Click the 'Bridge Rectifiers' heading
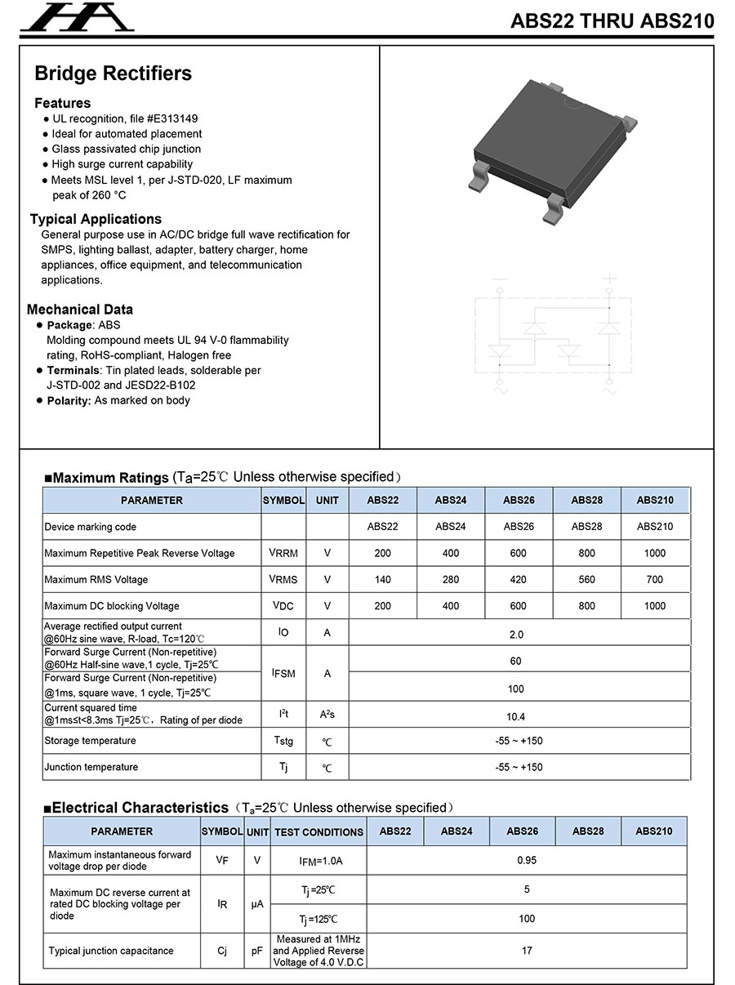tap(113, 74)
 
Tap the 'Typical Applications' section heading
tap(96, 219)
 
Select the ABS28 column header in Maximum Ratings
tap(586, 500)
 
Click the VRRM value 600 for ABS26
tap(519, 553)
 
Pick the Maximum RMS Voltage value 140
tap(382, 580)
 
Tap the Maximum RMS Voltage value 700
tap(655, 580)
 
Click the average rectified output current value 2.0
tap(516, 634)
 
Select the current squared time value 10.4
tap(516, 716)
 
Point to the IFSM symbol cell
tap(283, 673)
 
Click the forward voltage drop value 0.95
tap(527, 860)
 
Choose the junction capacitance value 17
tap(527, 951)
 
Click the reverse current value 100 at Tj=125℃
tap(527, 919)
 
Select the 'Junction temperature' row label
tap(91, 767)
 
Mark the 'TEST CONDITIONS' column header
tap(318, 831)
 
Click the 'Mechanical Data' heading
tap(80, 310)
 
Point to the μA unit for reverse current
tap(257, 904)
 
